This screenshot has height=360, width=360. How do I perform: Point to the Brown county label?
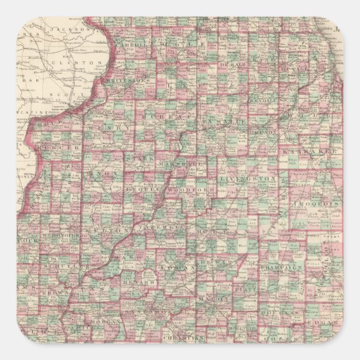(x=57, y=292)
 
